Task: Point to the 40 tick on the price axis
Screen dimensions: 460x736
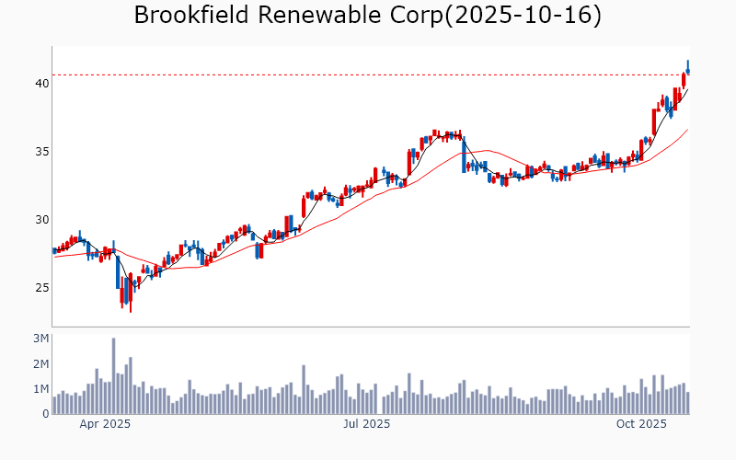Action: pos(41,83)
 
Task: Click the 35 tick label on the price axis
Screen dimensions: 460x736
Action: pos(41,151)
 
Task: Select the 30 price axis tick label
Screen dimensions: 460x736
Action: pos(41,219)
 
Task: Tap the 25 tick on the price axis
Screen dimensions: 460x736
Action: pos(41,287)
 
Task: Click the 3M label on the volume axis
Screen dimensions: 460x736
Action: pos(40,339)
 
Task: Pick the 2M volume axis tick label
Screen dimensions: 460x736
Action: pos(40,364)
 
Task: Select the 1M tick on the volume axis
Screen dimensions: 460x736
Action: pos(40,389)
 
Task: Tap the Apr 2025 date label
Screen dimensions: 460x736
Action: pos(104,424)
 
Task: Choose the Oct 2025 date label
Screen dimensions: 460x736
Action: pos(641,424)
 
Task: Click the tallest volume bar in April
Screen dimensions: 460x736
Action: pos(113,376)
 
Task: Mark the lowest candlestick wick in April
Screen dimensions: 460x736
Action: pos(131,309)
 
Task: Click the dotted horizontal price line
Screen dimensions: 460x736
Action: pos(368,75)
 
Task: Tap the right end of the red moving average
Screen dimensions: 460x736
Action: pos(687,130)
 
